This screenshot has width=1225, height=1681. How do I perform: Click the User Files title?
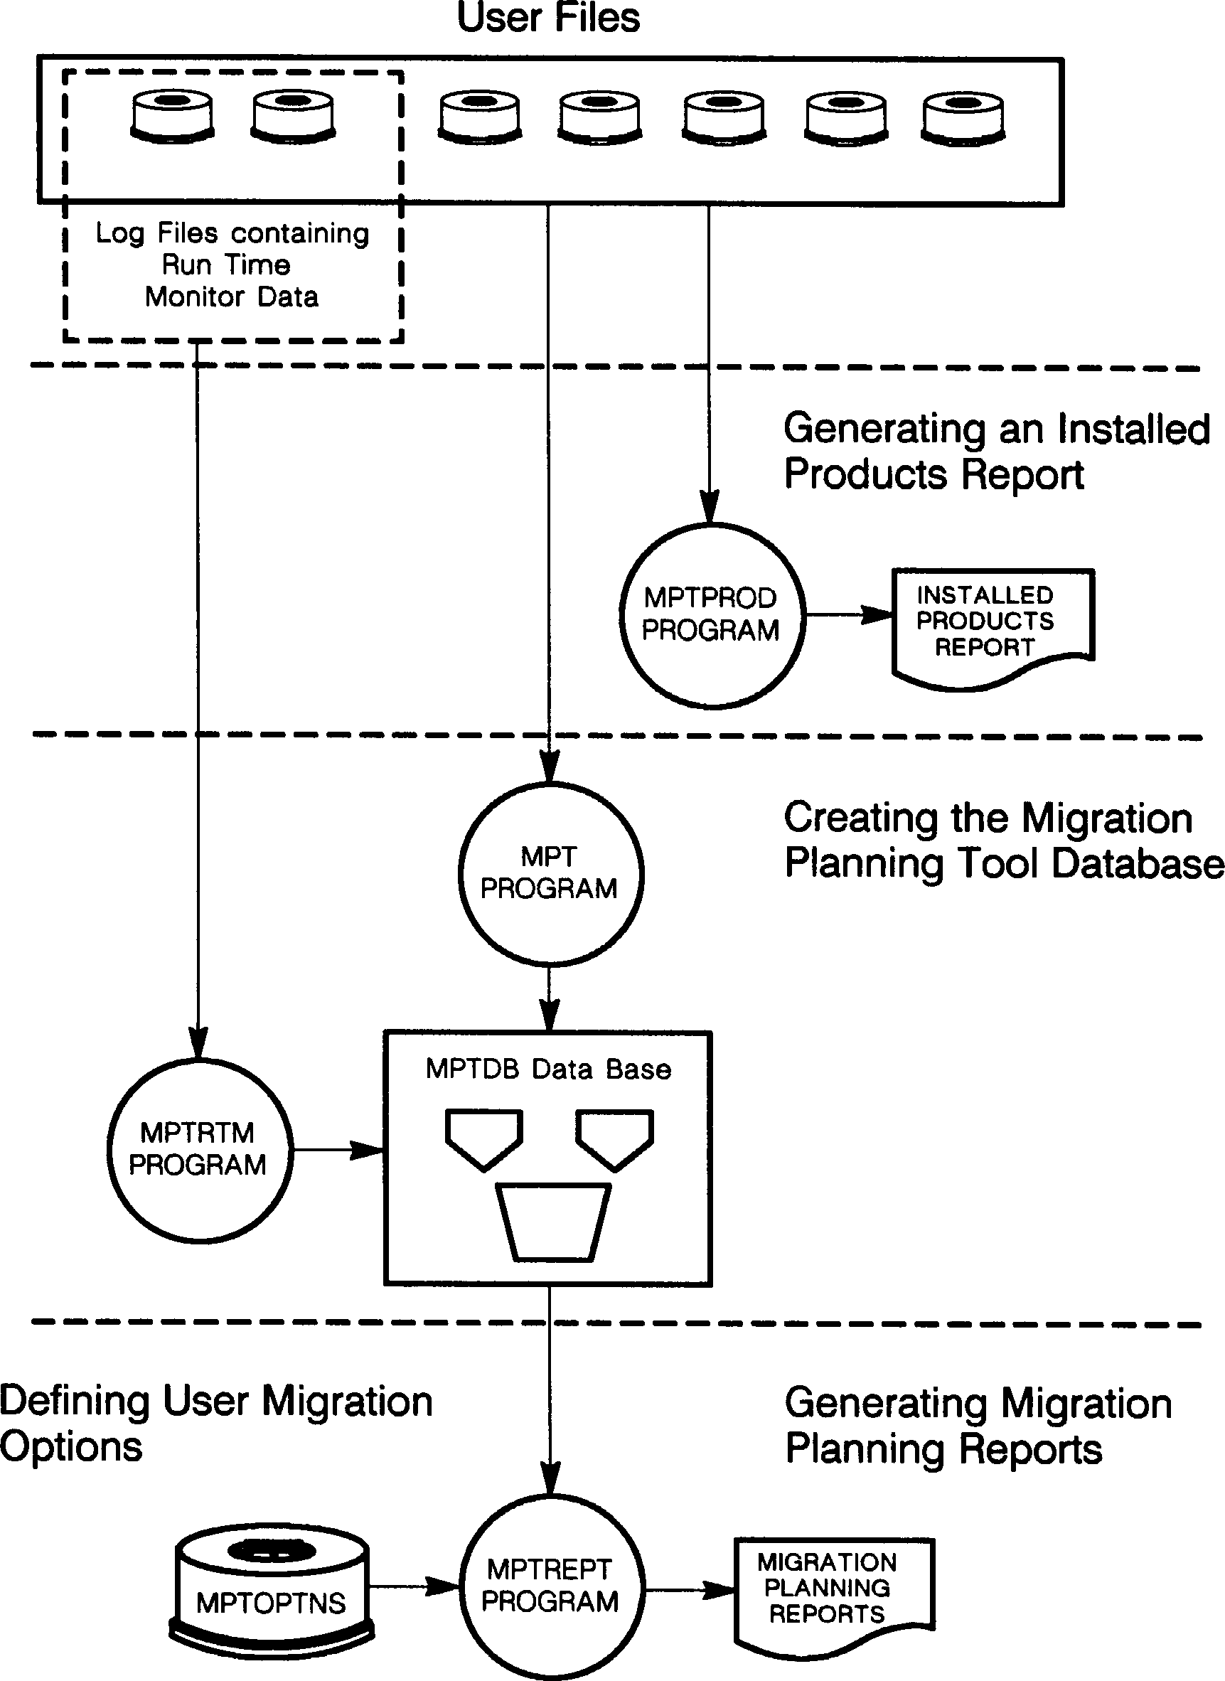point(548,18)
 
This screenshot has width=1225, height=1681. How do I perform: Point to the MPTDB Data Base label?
point(548,1069)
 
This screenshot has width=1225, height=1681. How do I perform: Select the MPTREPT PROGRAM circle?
point(550,1586)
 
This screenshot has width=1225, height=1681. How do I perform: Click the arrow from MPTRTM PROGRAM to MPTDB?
point(338,1150)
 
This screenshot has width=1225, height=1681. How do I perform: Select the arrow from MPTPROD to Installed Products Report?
point(849,614)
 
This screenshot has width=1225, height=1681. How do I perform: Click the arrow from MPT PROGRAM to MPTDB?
point(550,998)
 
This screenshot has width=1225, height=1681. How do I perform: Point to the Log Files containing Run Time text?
point(232,249)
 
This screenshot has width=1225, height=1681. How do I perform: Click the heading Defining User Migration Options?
point(215,1424)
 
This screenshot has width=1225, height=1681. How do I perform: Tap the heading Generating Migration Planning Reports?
point(978,1425)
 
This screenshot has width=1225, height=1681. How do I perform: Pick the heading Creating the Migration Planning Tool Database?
point(1002,840)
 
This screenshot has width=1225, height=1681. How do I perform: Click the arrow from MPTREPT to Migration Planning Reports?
point(689,1590)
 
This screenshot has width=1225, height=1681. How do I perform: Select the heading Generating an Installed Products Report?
point(995,451)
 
